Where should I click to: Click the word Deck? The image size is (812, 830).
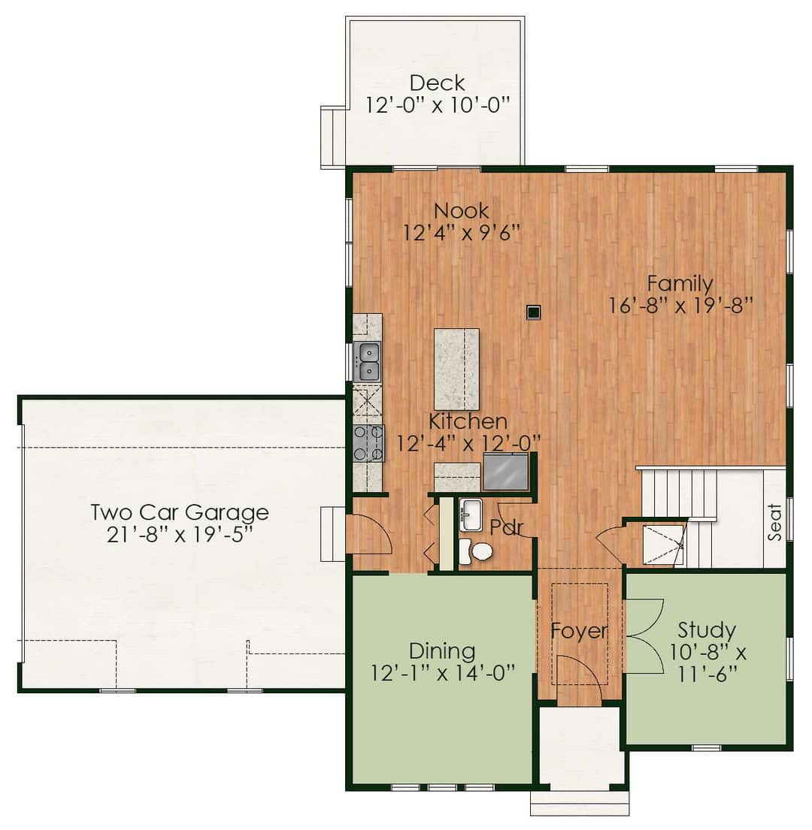coord(438,83)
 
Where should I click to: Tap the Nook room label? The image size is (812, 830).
coord(462,210)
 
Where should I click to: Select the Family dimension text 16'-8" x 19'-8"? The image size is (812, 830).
coord(680,306)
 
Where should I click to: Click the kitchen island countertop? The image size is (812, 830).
coord(456,369)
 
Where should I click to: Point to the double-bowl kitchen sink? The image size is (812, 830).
coord(367,362)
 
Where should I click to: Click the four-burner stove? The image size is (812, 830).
coord(368,444)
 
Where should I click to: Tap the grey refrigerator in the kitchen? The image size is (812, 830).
coord(506,472)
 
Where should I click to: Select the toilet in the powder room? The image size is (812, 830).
coord(475,551)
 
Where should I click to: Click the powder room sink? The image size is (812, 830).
coord(470,514)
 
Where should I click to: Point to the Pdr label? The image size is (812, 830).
coord(507,527)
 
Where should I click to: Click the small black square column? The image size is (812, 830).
coord(534,312)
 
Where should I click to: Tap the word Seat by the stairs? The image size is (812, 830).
coord(774,523)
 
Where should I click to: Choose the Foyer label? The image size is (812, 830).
coord(579,631)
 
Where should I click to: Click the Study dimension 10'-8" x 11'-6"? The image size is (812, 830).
coord(707,662)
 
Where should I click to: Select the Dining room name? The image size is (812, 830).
coord(442,651)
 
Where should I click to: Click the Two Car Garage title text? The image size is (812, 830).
coord(180,512)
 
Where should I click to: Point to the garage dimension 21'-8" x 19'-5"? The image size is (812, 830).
coord(180,535)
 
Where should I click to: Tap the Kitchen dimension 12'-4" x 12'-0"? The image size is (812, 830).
coord(468,444)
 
